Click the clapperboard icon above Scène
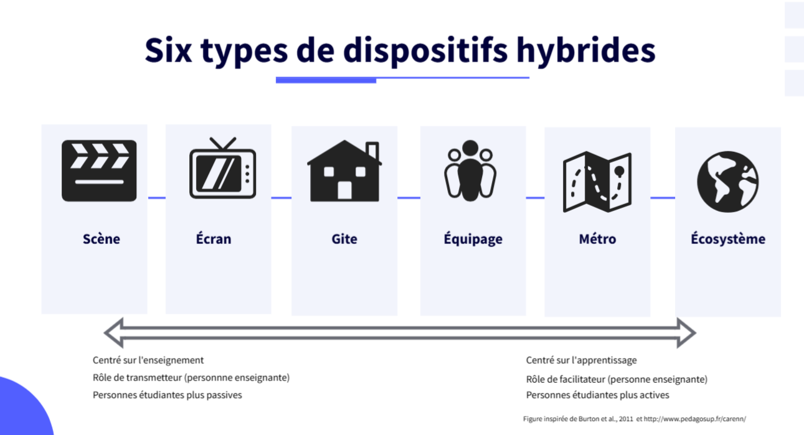(x=99, y=171)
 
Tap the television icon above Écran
(x=222, y=168)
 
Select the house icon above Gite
(x=344, y=171)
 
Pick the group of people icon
(x=470, y=171)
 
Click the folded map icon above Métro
(x=597, y=182)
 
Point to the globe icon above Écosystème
(x=728, y=182)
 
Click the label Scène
(x=102, y=239)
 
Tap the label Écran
(x=214, y=238)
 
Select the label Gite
(x=344, y=239)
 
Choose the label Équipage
(x=473, y=239)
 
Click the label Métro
(x=597, y=239)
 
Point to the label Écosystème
(x=728, y=239)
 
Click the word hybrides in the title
(x=586, y=50)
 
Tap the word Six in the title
(x=168, y=50)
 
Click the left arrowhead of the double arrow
(x=114, y=333)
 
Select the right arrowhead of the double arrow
(x=686, y=333)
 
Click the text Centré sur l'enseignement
(x=148, y=360)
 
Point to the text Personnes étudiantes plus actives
(x=598, y=395)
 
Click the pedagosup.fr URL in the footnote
(x=694, y=419)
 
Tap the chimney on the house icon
(x=372, y=151)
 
